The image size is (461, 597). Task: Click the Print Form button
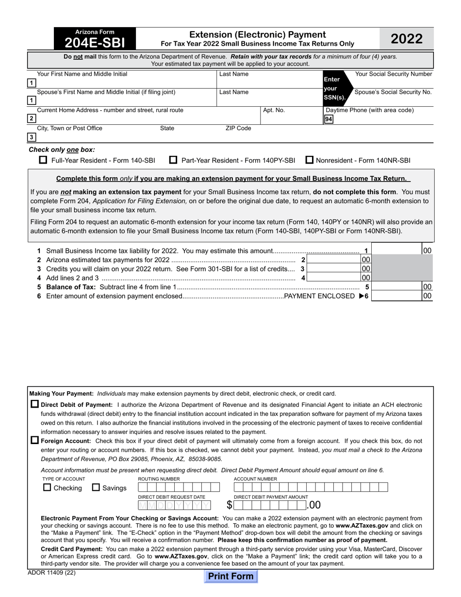click(230, 576)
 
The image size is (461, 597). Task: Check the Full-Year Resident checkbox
click(43, 160)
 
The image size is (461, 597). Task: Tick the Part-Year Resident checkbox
click(173, 160)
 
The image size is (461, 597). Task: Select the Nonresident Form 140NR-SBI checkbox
click(309, 160)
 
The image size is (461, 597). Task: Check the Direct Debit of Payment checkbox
click(34, 404)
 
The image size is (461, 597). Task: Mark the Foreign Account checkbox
click(34, 440)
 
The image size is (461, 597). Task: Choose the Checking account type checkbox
click(47, 487)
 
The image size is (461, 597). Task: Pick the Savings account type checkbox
click(96, 487)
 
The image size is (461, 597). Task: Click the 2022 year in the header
click(406, 39)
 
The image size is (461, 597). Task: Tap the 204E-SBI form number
click(95, 43)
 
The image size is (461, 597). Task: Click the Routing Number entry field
click(175, 487)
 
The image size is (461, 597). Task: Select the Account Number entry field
click(311, 487)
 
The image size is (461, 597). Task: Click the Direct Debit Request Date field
click(175, 505)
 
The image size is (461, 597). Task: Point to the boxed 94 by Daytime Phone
click(329, 118)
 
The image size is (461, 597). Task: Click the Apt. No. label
click(274, 110)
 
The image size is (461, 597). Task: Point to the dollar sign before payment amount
click(229, 505)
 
